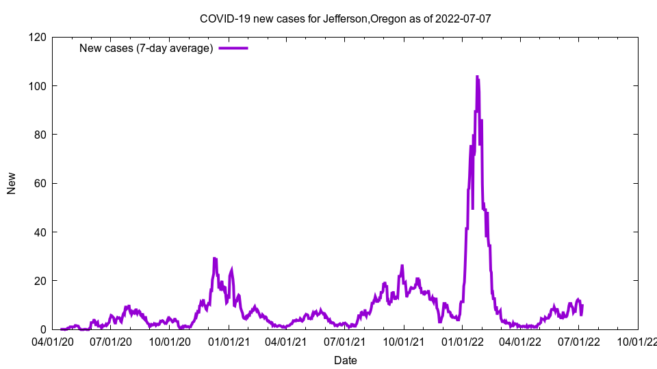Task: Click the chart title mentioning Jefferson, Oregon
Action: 345,18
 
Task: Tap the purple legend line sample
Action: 233,48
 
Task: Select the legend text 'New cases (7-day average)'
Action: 146,48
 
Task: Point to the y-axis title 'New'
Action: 12,183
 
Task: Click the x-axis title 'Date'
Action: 345,360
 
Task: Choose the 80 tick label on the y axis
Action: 40,135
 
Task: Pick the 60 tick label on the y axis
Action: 40,183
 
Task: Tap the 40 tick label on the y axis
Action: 40,232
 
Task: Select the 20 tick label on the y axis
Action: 40,281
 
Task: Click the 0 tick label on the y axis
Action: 42,329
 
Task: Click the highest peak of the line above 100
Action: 477,77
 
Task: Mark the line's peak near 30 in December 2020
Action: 215,259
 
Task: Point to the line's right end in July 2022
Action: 582,305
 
